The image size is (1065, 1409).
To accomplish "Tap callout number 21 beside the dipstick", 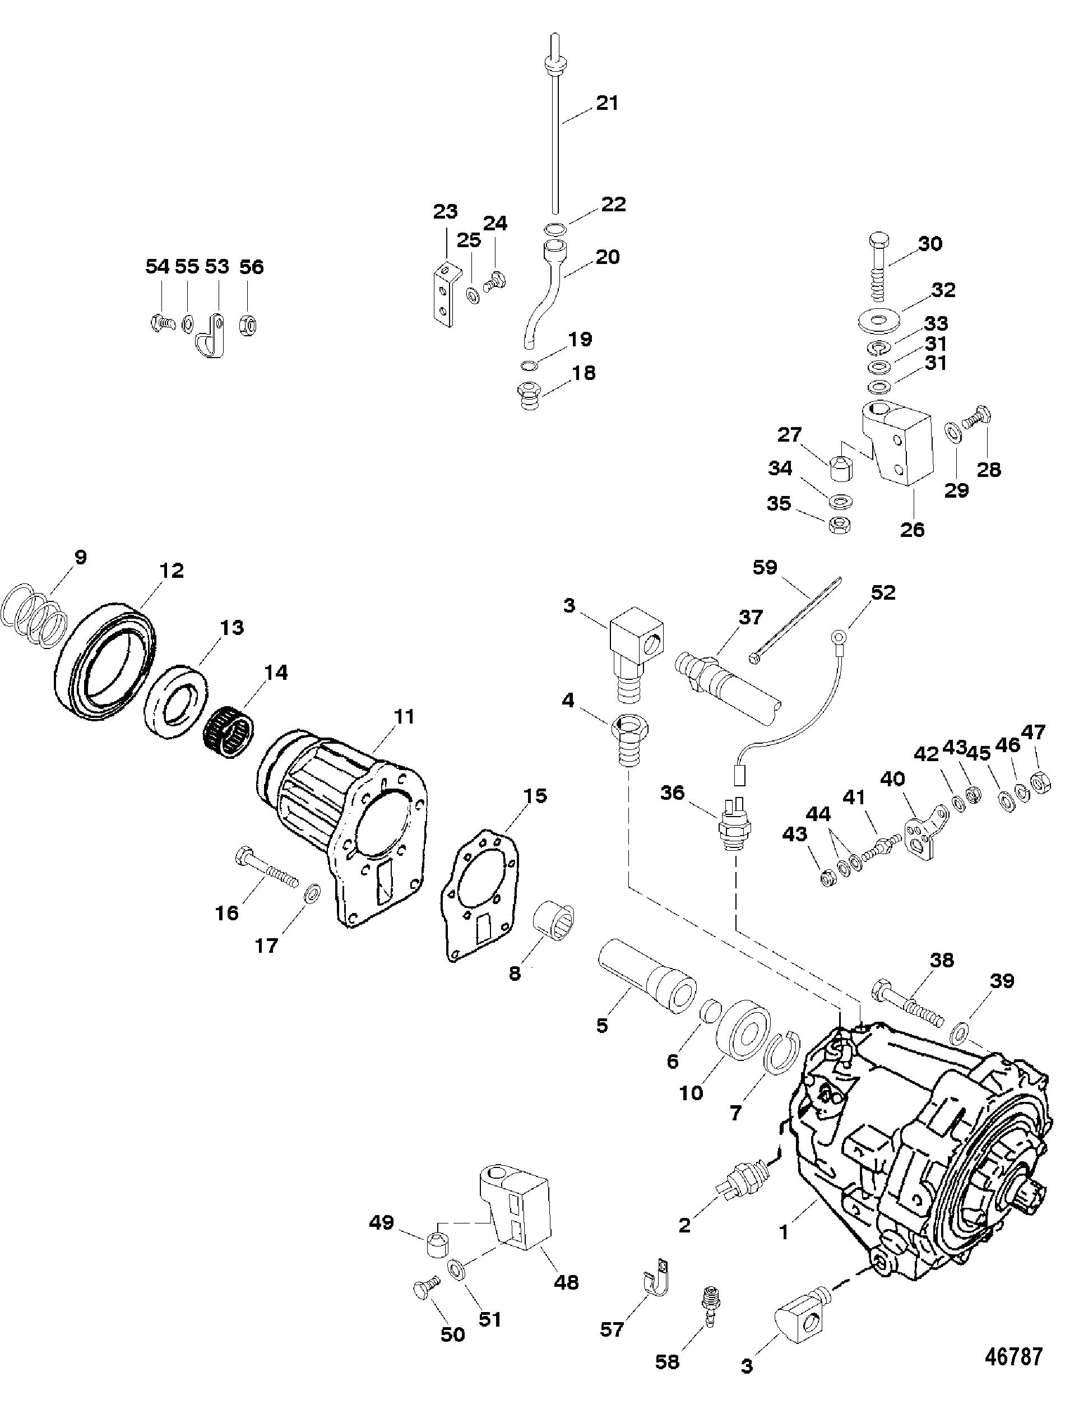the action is pyautogui.click(x=607, y=103).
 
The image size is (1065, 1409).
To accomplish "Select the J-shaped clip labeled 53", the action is pyautogui.click(x=210, y=335).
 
